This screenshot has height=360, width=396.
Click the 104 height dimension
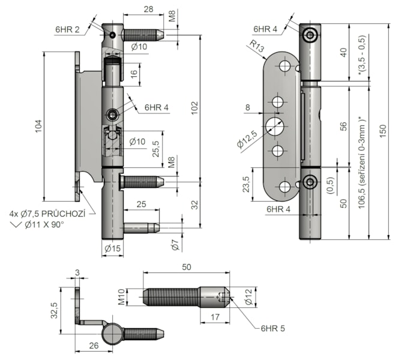point(38,125)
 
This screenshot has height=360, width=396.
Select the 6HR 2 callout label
point(67,29)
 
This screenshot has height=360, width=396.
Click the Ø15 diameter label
point(112,247)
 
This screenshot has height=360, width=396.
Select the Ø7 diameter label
point(174,244)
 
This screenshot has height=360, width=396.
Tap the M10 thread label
point(138,296)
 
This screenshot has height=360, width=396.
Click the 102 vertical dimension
point(193,106)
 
